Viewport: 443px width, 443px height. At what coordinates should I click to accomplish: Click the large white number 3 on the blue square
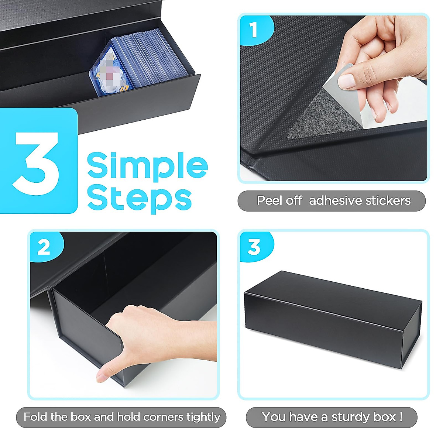pos(37,162)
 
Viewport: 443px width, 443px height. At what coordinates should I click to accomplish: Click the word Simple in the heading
pos(147,166)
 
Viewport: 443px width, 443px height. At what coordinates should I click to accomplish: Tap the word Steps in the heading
pos(139,199)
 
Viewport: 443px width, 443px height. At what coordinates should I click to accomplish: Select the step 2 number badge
pos(44,247)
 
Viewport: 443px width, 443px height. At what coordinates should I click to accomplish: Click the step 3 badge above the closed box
pos(254,247)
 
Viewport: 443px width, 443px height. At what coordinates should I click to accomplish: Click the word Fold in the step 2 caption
pos(36,417)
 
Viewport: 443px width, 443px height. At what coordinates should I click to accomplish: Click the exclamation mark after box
pos(401,417)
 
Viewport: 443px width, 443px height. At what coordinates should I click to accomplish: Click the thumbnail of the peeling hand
pos(347,80)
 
